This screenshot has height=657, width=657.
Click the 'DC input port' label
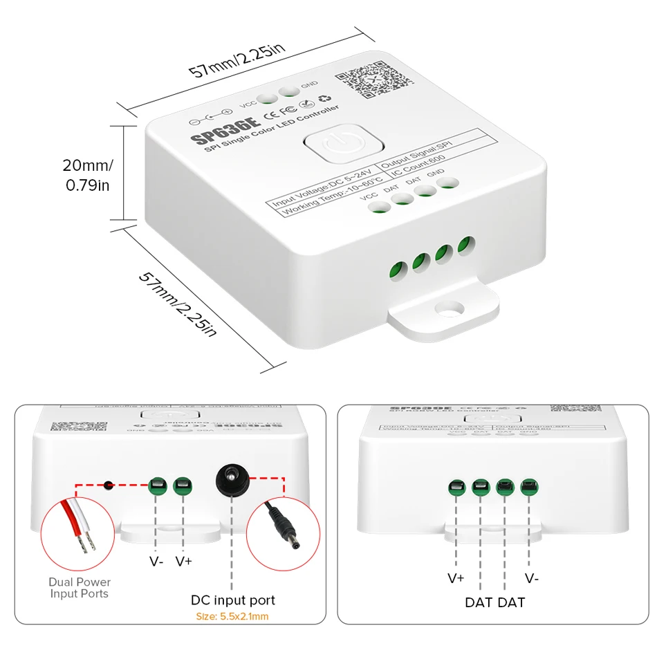coord(233,600)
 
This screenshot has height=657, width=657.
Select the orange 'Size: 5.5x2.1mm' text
coord(233,617)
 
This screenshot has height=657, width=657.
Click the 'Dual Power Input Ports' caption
coord(80,588)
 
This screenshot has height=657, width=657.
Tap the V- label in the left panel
coord(156,562)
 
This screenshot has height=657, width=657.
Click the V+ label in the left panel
coord(183,562)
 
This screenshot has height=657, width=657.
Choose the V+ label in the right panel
coord(456,578)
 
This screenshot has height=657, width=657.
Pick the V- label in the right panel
coord(531,578)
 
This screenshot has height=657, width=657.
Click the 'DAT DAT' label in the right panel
coord(494,602)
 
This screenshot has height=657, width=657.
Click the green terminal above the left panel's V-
coord(157,485)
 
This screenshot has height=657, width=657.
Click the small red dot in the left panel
coord(109,485)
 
